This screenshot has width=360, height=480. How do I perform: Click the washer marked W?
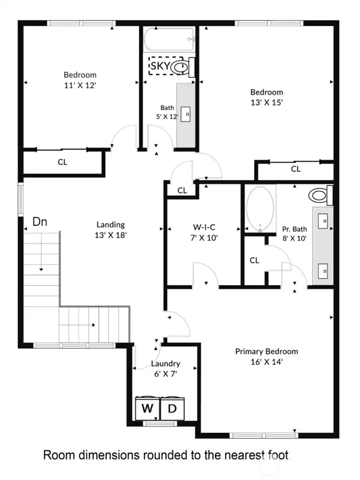click(x=147, y=408)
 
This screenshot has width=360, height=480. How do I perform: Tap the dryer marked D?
click(x=172, y=408)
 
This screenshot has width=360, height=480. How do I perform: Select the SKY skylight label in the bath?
click(x=160, y=66)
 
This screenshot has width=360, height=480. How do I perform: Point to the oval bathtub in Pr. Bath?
click(x=260, y=209)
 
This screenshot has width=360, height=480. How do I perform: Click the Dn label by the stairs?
click(x=40, y=222)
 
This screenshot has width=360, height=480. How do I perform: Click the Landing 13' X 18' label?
click(x=110, y=229)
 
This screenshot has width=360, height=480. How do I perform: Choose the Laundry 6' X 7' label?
click(x=165, y=368)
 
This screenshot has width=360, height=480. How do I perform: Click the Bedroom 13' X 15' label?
click(x=266, y=97)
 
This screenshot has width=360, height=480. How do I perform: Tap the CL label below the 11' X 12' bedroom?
click(x=62, y=162)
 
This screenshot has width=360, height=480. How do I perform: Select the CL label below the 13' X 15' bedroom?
click(x=296, y=169)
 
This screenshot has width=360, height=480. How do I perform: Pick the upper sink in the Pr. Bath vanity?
click(x=323, y=219)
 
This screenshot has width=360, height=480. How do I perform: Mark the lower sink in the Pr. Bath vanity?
click(x=323, y=271)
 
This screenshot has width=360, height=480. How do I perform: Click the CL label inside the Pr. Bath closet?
click(x=254, y=260)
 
